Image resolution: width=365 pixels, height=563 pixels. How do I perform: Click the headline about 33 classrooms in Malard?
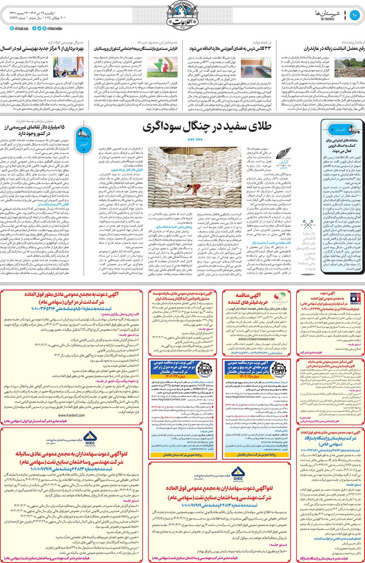tap(235, 48)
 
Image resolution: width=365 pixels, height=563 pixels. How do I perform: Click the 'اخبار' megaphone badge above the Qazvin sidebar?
tap(337, 130)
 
